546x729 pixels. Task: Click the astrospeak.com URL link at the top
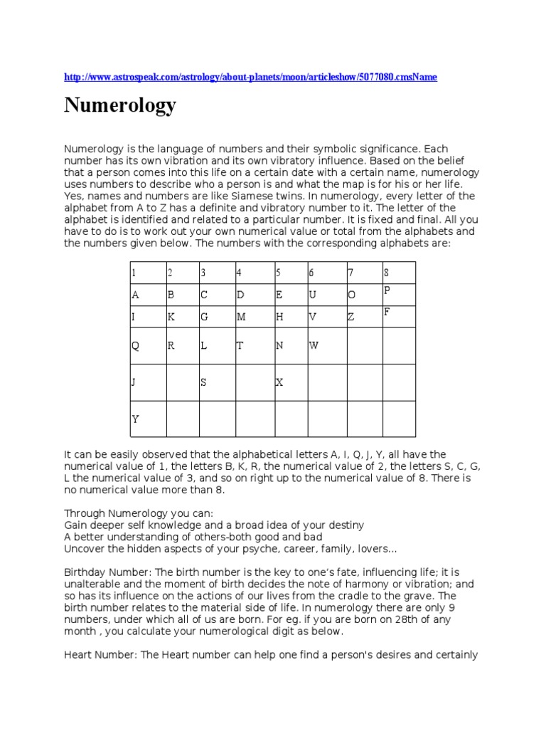[250, 76]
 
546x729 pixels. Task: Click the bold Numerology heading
[120, 105]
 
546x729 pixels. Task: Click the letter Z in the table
[350, 317]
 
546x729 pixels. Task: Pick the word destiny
[343, 525]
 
